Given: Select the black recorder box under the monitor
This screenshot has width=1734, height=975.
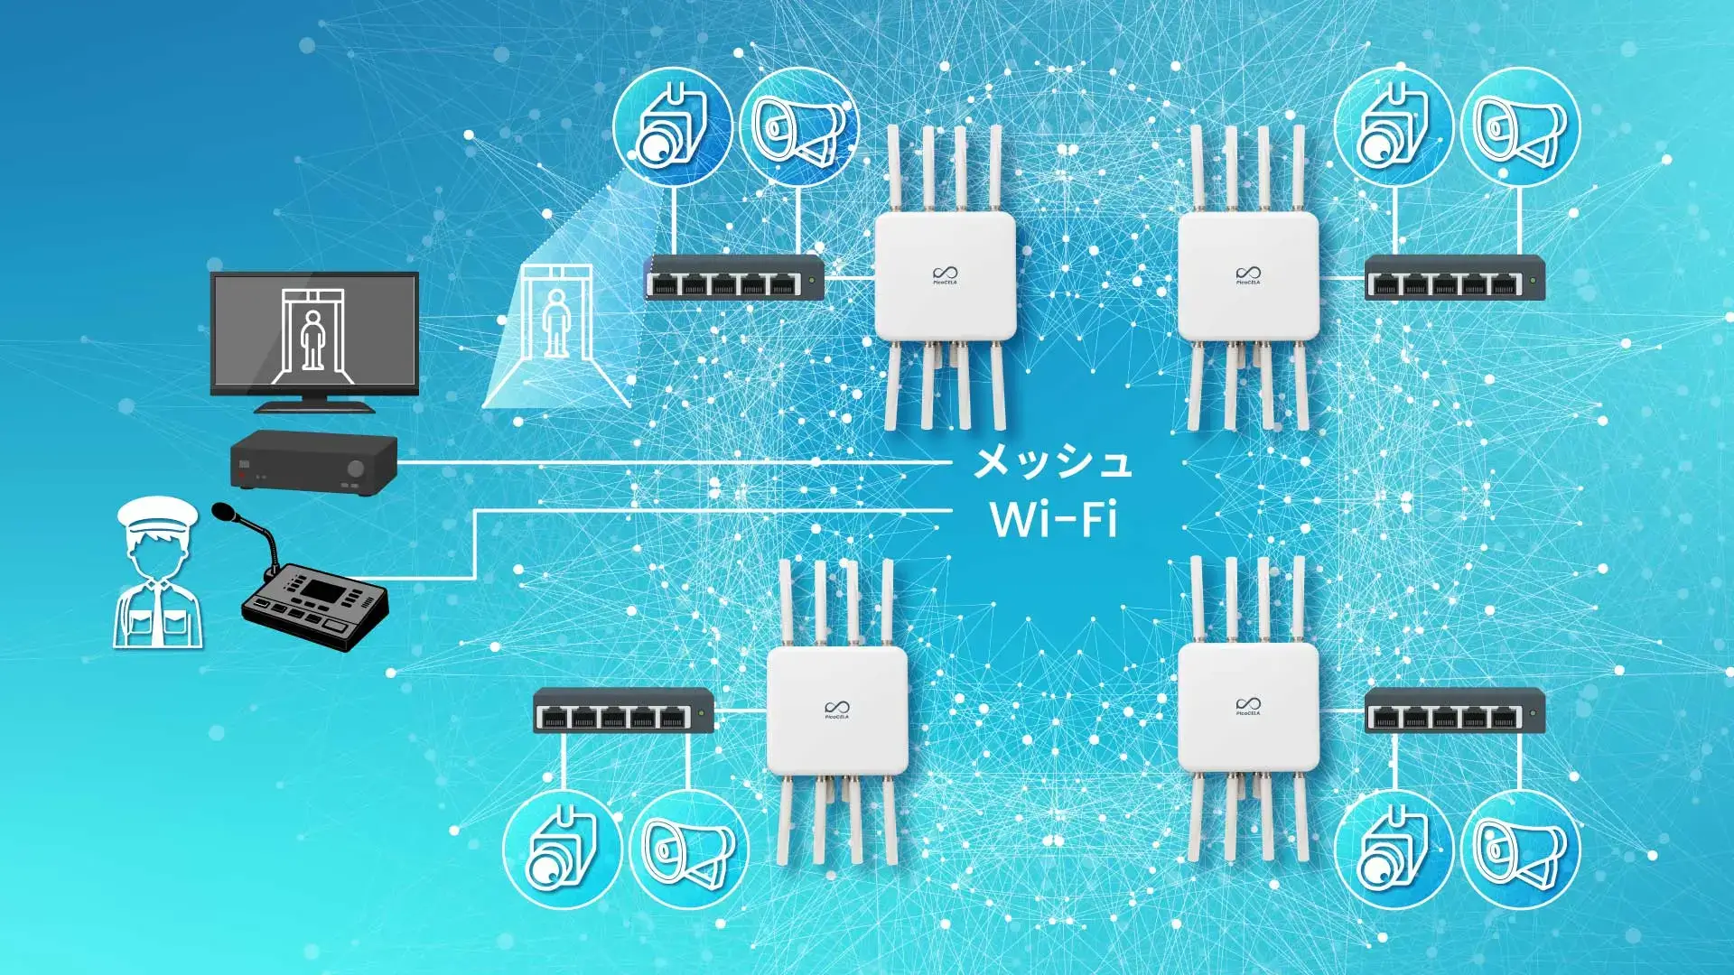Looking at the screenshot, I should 313,460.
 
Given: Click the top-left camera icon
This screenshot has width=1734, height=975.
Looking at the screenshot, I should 671,127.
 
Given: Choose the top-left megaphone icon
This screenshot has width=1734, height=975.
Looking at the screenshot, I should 798,127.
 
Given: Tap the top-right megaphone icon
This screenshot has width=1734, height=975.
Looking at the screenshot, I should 1520,127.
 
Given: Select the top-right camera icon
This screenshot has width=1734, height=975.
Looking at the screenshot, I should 1393,127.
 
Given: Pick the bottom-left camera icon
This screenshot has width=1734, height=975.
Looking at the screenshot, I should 562,850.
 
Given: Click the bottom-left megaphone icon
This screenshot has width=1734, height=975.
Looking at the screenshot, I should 688,850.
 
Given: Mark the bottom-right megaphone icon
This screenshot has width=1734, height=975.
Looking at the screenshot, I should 1520,850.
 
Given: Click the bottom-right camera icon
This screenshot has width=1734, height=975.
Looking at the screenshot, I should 1393,850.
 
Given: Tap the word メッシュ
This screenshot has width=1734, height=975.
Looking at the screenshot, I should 1052,462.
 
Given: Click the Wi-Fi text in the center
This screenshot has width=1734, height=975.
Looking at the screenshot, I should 1053,520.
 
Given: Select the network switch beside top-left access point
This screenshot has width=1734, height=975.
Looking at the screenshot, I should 734,277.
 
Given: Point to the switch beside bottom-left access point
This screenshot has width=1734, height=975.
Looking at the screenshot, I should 623,710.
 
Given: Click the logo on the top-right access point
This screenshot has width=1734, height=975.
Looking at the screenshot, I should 1248,274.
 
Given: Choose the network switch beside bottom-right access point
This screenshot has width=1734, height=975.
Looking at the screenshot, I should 1454,710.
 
